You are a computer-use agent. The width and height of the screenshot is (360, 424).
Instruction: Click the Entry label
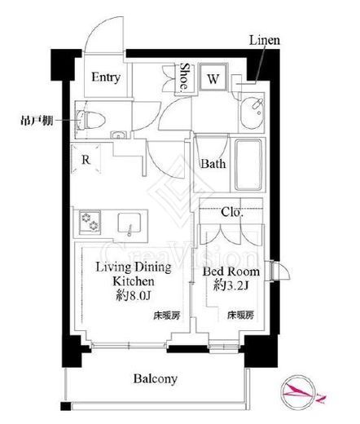(x=106, y=78)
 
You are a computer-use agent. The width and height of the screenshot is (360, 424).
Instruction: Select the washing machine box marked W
(x=212, y=80)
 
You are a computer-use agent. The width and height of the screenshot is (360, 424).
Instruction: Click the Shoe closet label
(x=185, y=78)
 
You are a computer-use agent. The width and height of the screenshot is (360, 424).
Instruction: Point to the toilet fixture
(x=91, y=119)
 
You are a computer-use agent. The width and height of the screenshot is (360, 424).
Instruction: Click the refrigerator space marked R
(x=86, y=161)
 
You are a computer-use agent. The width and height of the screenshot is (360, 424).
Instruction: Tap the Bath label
(x=213, y=163)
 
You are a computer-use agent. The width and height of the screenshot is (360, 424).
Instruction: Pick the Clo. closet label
(x=232, y=212)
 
